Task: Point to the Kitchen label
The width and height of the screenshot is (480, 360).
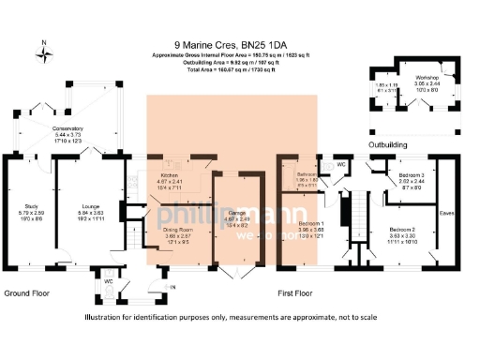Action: coord(170,175)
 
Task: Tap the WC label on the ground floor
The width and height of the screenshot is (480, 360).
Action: coord(109,280)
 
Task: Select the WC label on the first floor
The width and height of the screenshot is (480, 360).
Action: coord(341,165)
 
